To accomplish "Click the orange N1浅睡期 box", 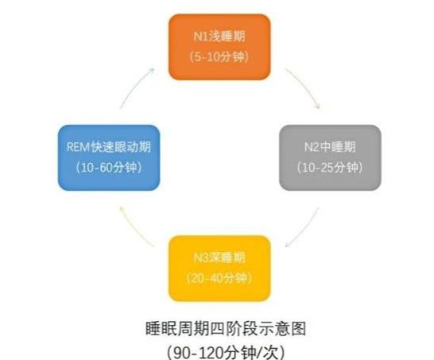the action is (x=219, y=47).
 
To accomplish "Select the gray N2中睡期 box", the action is (x=330, y=157).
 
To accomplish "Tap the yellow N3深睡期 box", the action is (x=219, y=269).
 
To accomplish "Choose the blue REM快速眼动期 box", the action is (x=109, y=157).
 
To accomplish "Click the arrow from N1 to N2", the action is (x=306, y=86).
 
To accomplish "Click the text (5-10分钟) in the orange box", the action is (x=219, y=57).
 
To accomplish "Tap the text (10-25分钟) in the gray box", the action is (x=330, y=168).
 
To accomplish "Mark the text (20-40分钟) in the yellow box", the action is (x=219, y=278).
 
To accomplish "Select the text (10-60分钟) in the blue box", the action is (x=109, y=168).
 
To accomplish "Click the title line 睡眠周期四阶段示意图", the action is (x=226, y=329).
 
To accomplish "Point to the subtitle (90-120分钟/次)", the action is (x=226, y=352).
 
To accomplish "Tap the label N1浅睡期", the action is (x=219, y=37).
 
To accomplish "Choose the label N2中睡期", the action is (x=330, y=147).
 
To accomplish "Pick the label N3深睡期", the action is (x=219, y=257).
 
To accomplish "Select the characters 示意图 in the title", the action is (x=282, y=329).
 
